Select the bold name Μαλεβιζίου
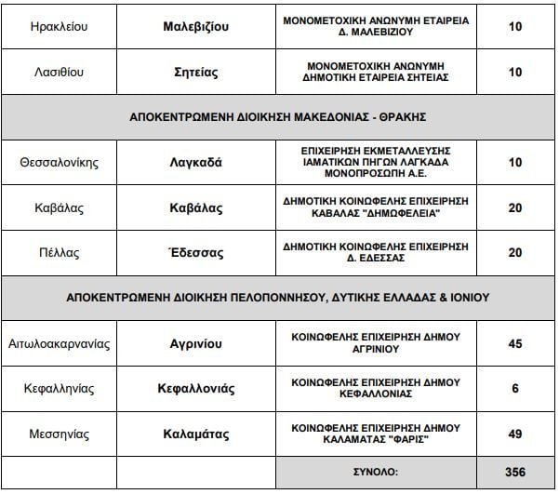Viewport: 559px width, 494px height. pyautogui.click(x=190, y=27)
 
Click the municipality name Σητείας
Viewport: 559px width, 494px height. pyautogui.click(x=190, y=72)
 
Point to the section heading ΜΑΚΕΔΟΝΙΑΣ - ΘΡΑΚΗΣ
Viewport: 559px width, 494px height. pyautogui.click(x=279, y=116)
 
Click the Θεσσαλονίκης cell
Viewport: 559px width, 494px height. pyautogui.click(x=59, y=162)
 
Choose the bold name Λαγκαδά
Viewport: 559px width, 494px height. pyautogui.click(x=190, y=162)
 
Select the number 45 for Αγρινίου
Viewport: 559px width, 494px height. pyautogui.click(x=514, y=343)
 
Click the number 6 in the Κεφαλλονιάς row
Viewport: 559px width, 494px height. pyautogui.click(x=514, y=388)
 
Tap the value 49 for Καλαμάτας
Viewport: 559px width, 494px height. pyautogui.click(x=514, y=434)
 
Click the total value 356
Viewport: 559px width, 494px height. pyautogui.click(x=514, y=472)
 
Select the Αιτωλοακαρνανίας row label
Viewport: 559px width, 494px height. pyautogui.click(x=59, y=343)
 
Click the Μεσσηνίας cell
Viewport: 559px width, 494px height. pyautogui.click(x=59, y=434)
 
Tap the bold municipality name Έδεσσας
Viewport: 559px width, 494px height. pyautogui.click(x=190, y=252)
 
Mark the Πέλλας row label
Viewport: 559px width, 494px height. pyautogui.click(x=59, y=252)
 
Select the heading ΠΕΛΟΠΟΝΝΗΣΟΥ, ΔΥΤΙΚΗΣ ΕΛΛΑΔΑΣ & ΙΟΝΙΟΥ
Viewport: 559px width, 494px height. pyautogui.click(x=279, y=298)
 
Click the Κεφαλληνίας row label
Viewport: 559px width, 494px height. pyautogui.click(x=59, y=388)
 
